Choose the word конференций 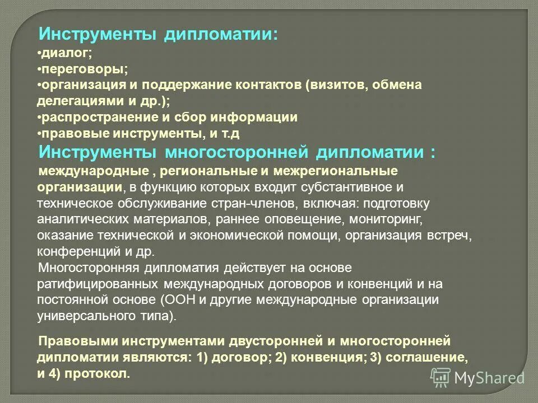[73, 251]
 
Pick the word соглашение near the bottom [429, 357]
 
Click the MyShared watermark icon [441, 377]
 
